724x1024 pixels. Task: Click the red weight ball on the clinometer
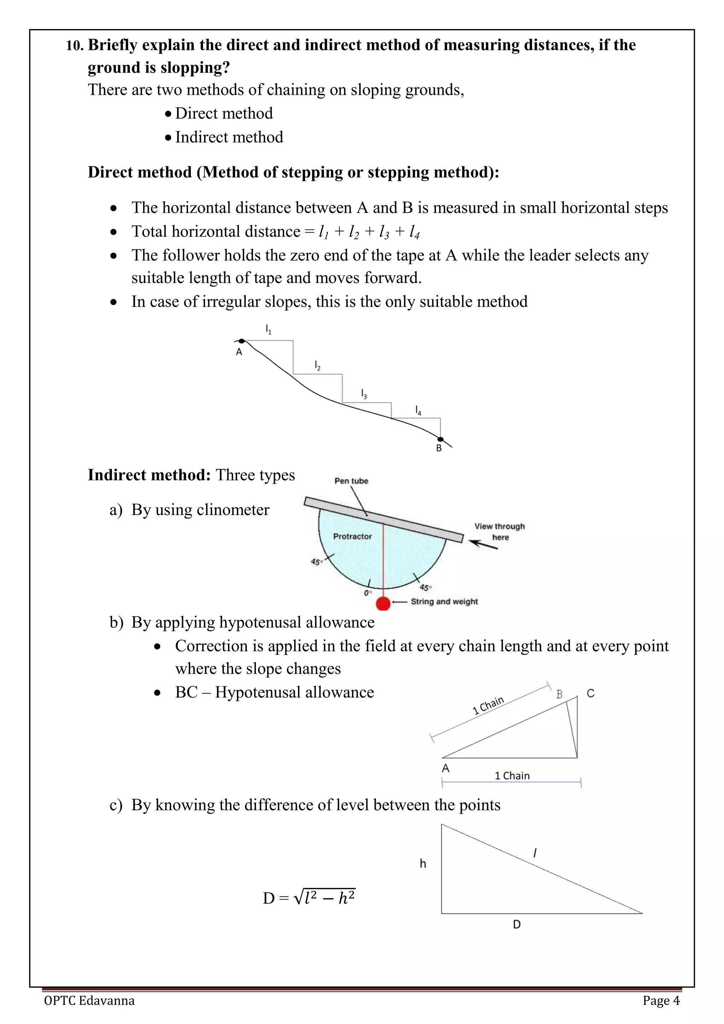click(383, 604)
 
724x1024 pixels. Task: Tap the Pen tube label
click(351, 481)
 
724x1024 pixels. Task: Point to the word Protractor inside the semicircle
click(352, 536)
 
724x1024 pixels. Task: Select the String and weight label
click(444, 602)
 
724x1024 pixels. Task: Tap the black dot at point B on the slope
click(440, 439)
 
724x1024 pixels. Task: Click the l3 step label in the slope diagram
click(364, 394)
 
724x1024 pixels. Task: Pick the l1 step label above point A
click(268, 330)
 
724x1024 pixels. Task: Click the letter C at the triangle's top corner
click(590, 693)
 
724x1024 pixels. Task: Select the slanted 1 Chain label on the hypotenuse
click(488, 705)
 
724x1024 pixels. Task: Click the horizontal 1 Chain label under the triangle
click(512, 775)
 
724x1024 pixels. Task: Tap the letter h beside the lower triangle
click(423, 864)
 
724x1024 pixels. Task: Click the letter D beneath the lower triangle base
click(517, 925)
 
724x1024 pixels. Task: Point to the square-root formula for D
click(309, 898)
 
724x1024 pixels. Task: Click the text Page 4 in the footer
click(661, 1000)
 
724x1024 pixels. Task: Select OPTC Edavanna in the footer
click(89, 1000)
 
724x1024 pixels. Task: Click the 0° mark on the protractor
click(367, 593)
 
